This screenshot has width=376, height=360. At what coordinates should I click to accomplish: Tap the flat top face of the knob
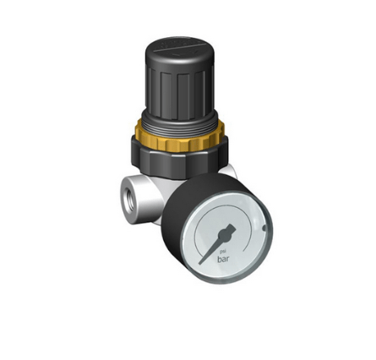pos(177,45)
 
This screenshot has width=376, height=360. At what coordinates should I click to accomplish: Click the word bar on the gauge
pos(223,259)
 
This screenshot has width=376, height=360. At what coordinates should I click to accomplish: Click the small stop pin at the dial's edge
pos(264,229)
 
